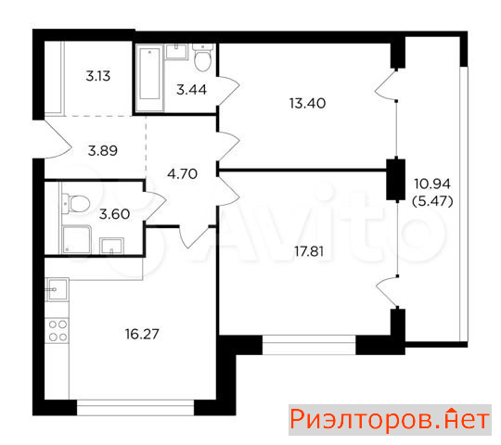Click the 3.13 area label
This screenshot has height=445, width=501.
98,76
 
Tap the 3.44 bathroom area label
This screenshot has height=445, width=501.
191,90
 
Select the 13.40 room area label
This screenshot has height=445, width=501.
307,104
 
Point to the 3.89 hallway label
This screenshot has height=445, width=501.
103,150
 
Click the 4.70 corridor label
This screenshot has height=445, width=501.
182,174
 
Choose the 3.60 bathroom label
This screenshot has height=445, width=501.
114,214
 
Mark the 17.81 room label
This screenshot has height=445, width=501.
309,251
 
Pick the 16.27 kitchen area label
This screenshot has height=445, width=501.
142,334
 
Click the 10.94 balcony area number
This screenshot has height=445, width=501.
432,184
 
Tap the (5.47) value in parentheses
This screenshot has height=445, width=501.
432,201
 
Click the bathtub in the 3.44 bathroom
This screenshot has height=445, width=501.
149,77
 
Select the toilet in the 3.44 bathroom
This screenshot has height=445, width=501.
202,57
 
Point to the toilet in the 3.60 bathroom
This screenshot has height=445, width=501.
76,203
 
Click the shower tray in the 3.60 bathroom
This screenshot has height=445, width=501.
77,239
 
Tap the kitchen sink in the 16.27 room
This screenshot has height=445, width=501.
58,289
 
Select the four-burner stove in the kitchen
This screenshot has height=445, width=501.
58,330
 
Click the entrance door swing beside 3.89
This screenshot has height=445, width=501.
58,139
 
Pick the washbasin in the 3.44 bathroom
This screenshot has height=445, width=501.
176,52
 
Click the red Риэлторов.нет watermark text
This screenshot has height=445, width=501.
390,419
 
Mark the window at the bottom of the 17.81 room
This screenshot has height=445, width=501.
309,345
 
